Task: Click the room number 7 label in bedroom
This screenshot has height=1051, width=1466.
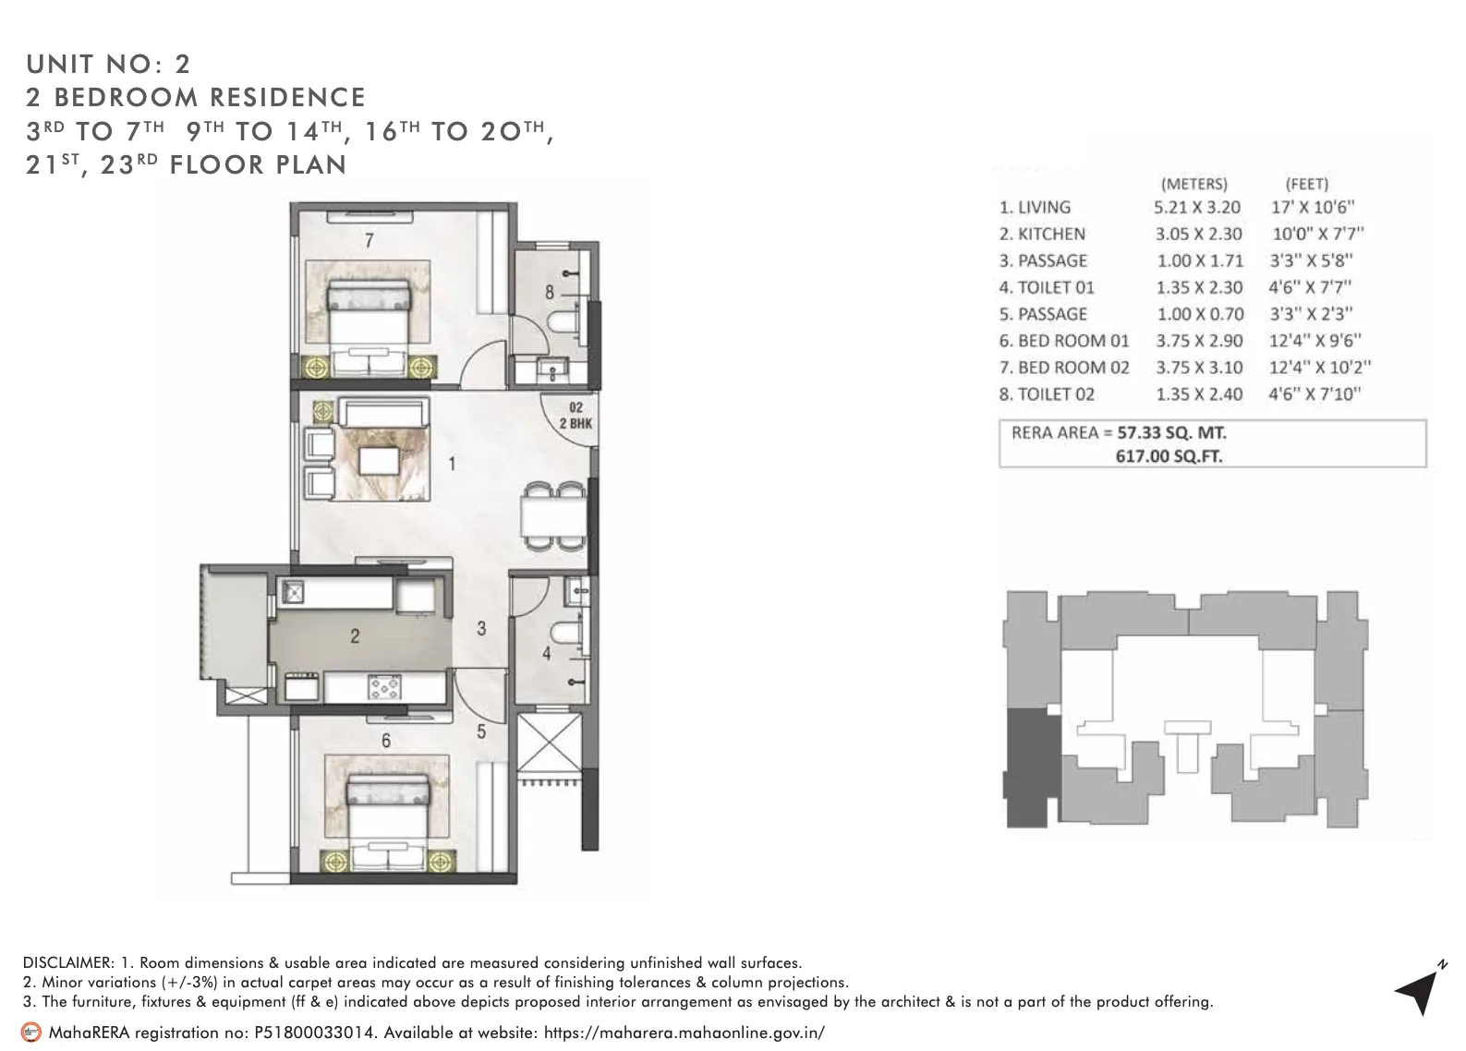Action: pyautogui.click(x=369, y=241)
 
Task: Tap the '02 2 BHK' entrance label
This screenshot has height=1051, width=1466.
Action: pyautogui.click(x=575, y=416)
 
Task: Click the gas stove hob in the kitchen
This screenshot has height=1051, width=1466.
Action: pyautogui.click(x=382, y=686)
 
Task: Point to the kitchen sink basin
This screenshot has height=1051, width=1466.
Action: pyautogui.click(x=293, y=591)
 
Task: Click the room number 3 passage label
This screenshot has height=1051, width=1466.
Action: pyautogui.click(x=481, y=629)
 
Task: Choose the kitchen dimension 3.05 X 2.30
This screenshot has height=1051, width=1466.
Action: pyautogui.click(x=1198, y=235)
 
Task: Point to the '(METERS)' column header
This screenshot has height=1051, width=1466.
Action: pyautogui.click(x=1193, y=184)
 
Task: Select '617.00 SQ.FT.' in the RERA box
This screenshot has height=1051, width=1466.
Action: pyautogui.click(x=1169, y=455)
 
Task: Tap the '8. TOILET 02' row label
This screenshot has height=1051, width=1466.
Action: pyautogui.click(x=1047, y=394)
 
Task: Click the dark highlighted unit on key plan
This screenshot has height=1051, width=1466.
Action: pyautogui.click(x=1031, y=767)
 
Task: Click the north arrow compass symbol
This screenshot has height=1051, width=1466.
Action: pyautogui.click(x=1418, y=992)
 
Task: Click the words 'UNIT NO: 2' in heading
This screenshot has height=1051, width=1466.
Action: pyautogui.click(x=108, y=64)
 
